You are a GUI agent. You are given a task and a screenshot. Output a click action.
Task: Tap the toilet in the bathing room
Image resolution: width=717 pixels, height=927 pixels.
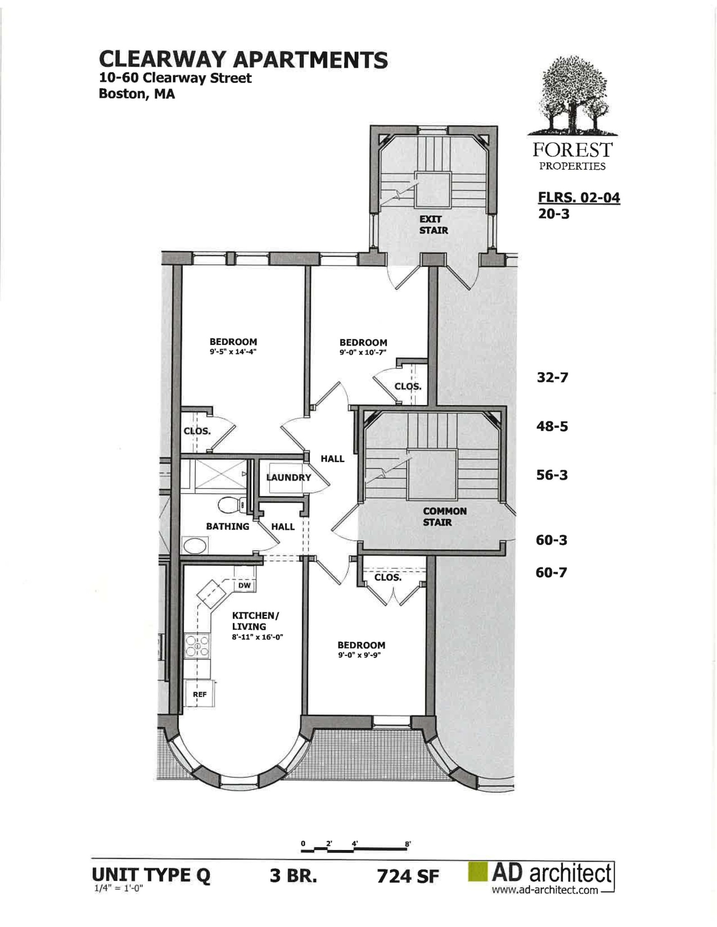pos(232,505)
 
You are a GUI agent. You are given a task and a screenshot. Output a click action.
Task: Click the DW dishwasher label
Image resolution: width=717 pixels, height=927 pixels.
pos(245,585)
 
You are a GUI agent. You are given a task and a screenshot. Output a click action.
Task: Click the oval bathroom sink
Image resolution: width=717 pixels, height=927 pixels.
pos(195,545)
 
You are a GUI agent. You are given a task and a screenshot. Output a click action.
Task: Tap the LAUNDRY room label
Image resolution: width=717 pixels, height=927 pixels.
pos(289,477)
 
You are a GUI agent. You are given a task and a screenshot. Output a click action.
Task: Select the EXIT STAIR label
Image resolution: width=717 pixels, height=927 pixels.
pos(433,225)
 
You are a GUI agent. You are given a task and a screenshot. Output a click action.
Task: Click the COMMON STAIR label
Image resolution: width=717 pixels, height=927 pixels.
pos(444,516)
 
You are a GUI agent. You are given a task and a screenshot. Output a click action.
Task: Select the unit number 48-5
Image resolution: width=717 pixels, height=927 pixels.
pos(552,426)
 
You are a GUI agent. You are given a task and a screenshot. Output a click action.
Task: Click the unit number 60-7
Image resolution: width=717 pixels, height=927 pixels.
pos(551,573)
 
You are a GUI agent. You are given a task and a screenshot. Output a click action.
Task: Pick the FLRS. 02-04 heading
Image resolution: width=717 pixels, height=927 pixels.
pos(579,198)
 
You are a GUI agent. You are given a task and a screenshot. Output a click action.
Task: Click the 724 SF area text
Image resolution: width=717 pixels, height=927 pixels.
pos(408,876)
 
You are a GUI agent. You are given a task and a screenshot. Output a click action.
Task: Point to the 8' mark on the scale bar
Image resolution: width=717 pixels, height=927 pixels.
pos(408,844)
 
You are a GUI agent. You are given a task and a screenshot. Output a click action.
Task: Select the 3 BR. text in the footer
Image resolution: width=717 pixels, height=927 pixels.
pos(293,876)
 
